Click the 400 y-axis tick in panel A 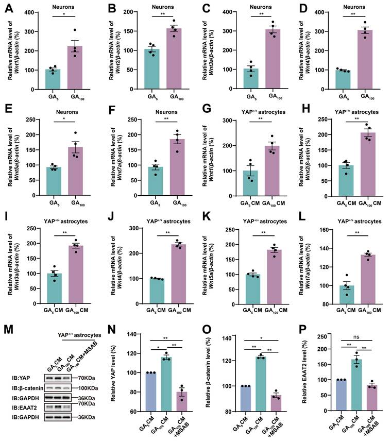tap(24, 13)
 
